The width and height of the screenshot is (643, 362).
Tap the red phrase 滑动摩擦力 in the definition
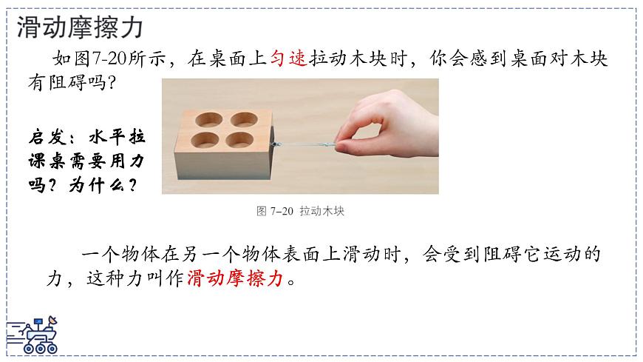[x=236, y=279]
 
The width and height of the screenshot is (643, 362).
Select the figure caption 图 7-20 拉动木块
[x=300, y=211]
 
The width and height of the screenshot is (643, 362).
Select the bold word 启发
[x=49, y=138]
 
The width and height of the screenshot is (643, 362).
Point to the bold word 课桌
[x=49, y=160]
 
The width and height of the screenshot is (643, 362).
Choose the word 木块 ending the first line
[x=591, y=59]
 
